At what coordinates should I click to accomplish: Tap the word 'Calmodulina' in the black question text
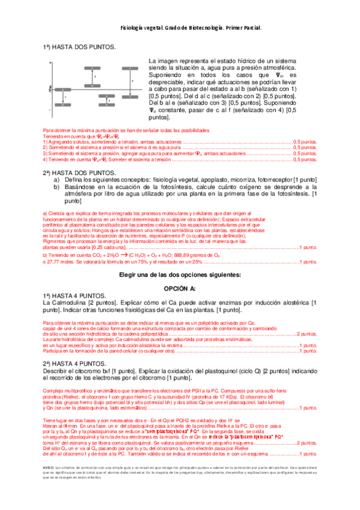pos(72,303)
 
